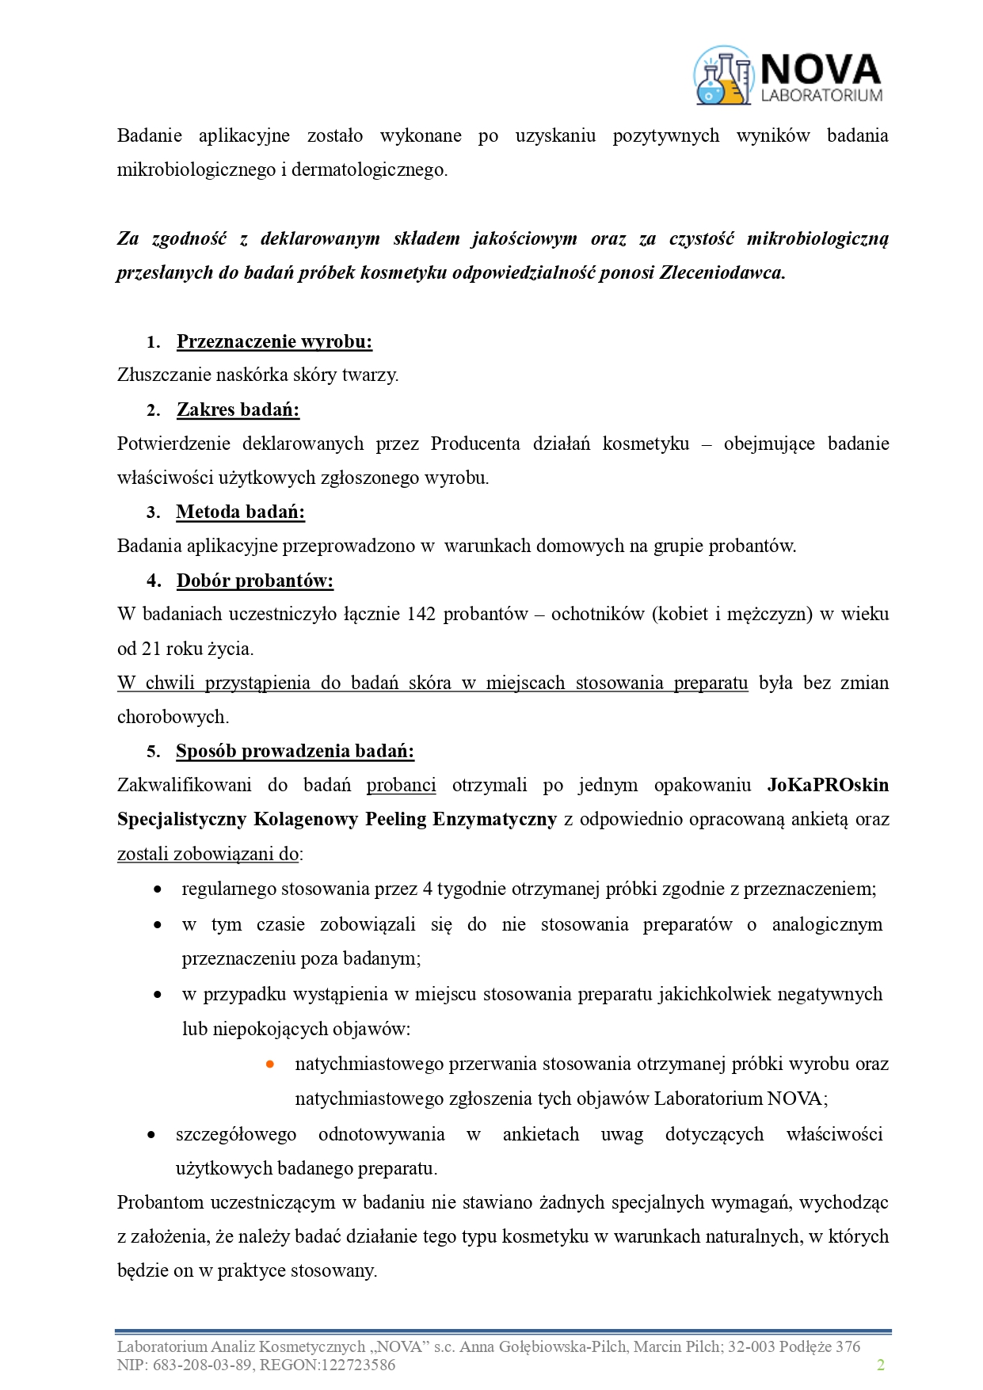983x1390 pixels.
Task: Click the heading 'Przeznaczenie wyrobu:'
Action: tap(274, 341)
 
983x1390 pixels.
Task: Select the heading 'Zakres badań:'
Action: tap(238, 409)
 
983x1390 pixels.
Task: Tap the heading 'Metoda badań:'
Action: tap(240, 512)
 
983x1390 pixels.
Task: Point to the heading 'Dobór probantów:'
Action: tap(254, 581)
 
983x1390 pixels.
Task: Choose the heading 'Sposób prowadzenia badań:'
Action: tap(295, 751)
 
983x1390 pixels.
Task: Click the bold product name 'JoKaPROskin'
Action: tap(828, 785)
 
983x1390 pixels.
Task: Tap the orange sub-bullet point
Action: tap(270, 1064)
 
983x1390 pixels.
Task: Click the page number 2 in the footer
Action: tap(880, 1365)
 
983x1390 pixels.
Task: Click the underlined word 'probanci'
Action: tap(401, 785)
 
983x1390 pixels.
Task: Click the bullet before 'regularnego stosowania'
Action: tap(158, 889)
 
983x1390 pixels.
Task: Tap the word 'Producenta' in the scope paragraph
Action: tap(475, 444)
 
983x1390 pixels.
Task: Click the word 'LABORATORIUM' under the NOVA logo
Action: tap(821, 96)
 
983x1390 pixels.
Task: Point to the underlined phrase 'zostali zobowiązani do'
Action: tap(208, 854)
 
